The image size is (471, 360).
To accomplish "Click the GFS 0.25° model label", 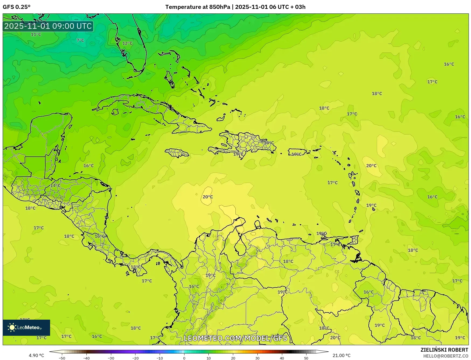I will (17, 7).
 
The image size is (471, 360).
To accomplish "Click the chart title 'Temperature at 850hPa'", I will (197, 7).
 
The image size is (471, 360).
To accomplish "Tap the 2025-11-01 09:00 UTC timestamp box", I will (48, 26).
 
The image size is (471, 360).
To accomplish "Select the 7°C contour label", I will (80, 40).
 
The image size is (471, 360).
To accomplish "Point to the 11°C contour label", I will (36, 34).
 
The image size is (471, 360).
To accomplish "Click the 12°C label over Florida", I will (127, 43).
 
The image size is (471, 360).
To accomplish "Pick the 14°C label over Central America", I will (55, 185).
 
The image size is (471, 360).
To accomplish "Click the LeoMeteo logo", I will (26, 327).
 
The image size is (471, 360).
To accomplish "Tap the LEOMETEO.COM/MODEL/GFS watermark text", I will (235, 338).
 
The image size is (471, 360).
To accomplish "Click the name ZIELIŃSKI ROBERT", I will (444, 350).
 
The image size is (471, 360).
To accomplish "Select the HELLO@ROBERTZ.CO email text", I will (445, 356).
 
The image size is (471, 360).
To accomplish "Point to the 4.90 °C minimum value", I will (36, 355).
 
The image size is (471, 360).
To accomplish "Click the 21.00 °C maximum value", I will (341, 355).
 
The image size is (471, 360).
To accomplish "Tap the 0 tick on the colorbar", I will (184, 358).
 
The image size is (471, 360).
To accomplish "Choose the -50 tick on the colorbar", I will (62, 358).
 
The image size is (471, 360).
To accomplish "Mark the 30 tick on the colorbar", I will (257, 358).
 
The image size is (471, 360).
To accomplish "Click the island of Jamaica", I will (177, 153).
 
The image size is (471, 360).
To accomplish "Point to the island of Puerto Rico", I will (297, 152).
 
